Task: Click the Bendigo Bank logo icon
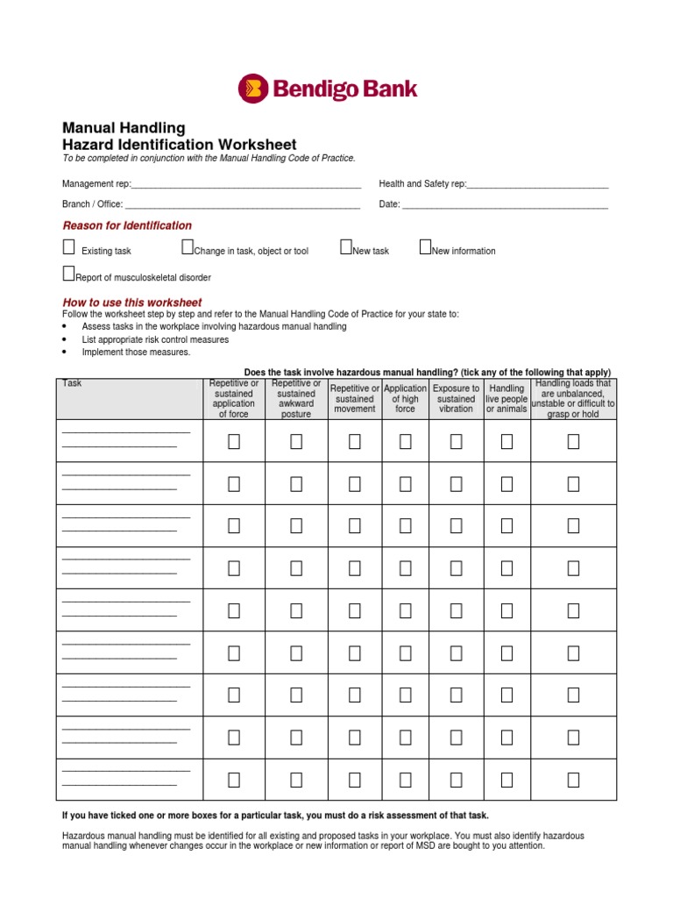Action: [253, 89]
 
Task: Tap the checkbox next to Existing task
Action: [68, 247]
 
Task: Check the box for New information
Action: [425, 247]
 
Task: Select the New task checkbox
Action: [345, 247]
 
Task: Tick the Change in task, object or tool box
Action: [187, 247]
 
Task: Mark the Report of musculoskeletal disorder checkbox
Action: [68, 274]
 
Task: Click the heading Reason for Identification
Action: [127, 225]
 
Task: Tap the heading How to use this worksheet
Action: [131, 303]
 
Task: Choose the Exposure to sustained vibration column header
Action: [456, 398]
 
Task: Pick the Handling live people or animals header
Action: [507, 398]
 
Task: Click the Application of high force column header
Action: [405, 398]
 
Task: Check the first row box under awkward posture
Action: [296, 441]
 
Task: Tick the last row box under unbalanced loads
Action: [573, 780]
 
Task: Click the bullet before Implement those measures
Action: [66, 353]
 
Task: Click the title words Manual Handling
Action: [124, 128]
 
